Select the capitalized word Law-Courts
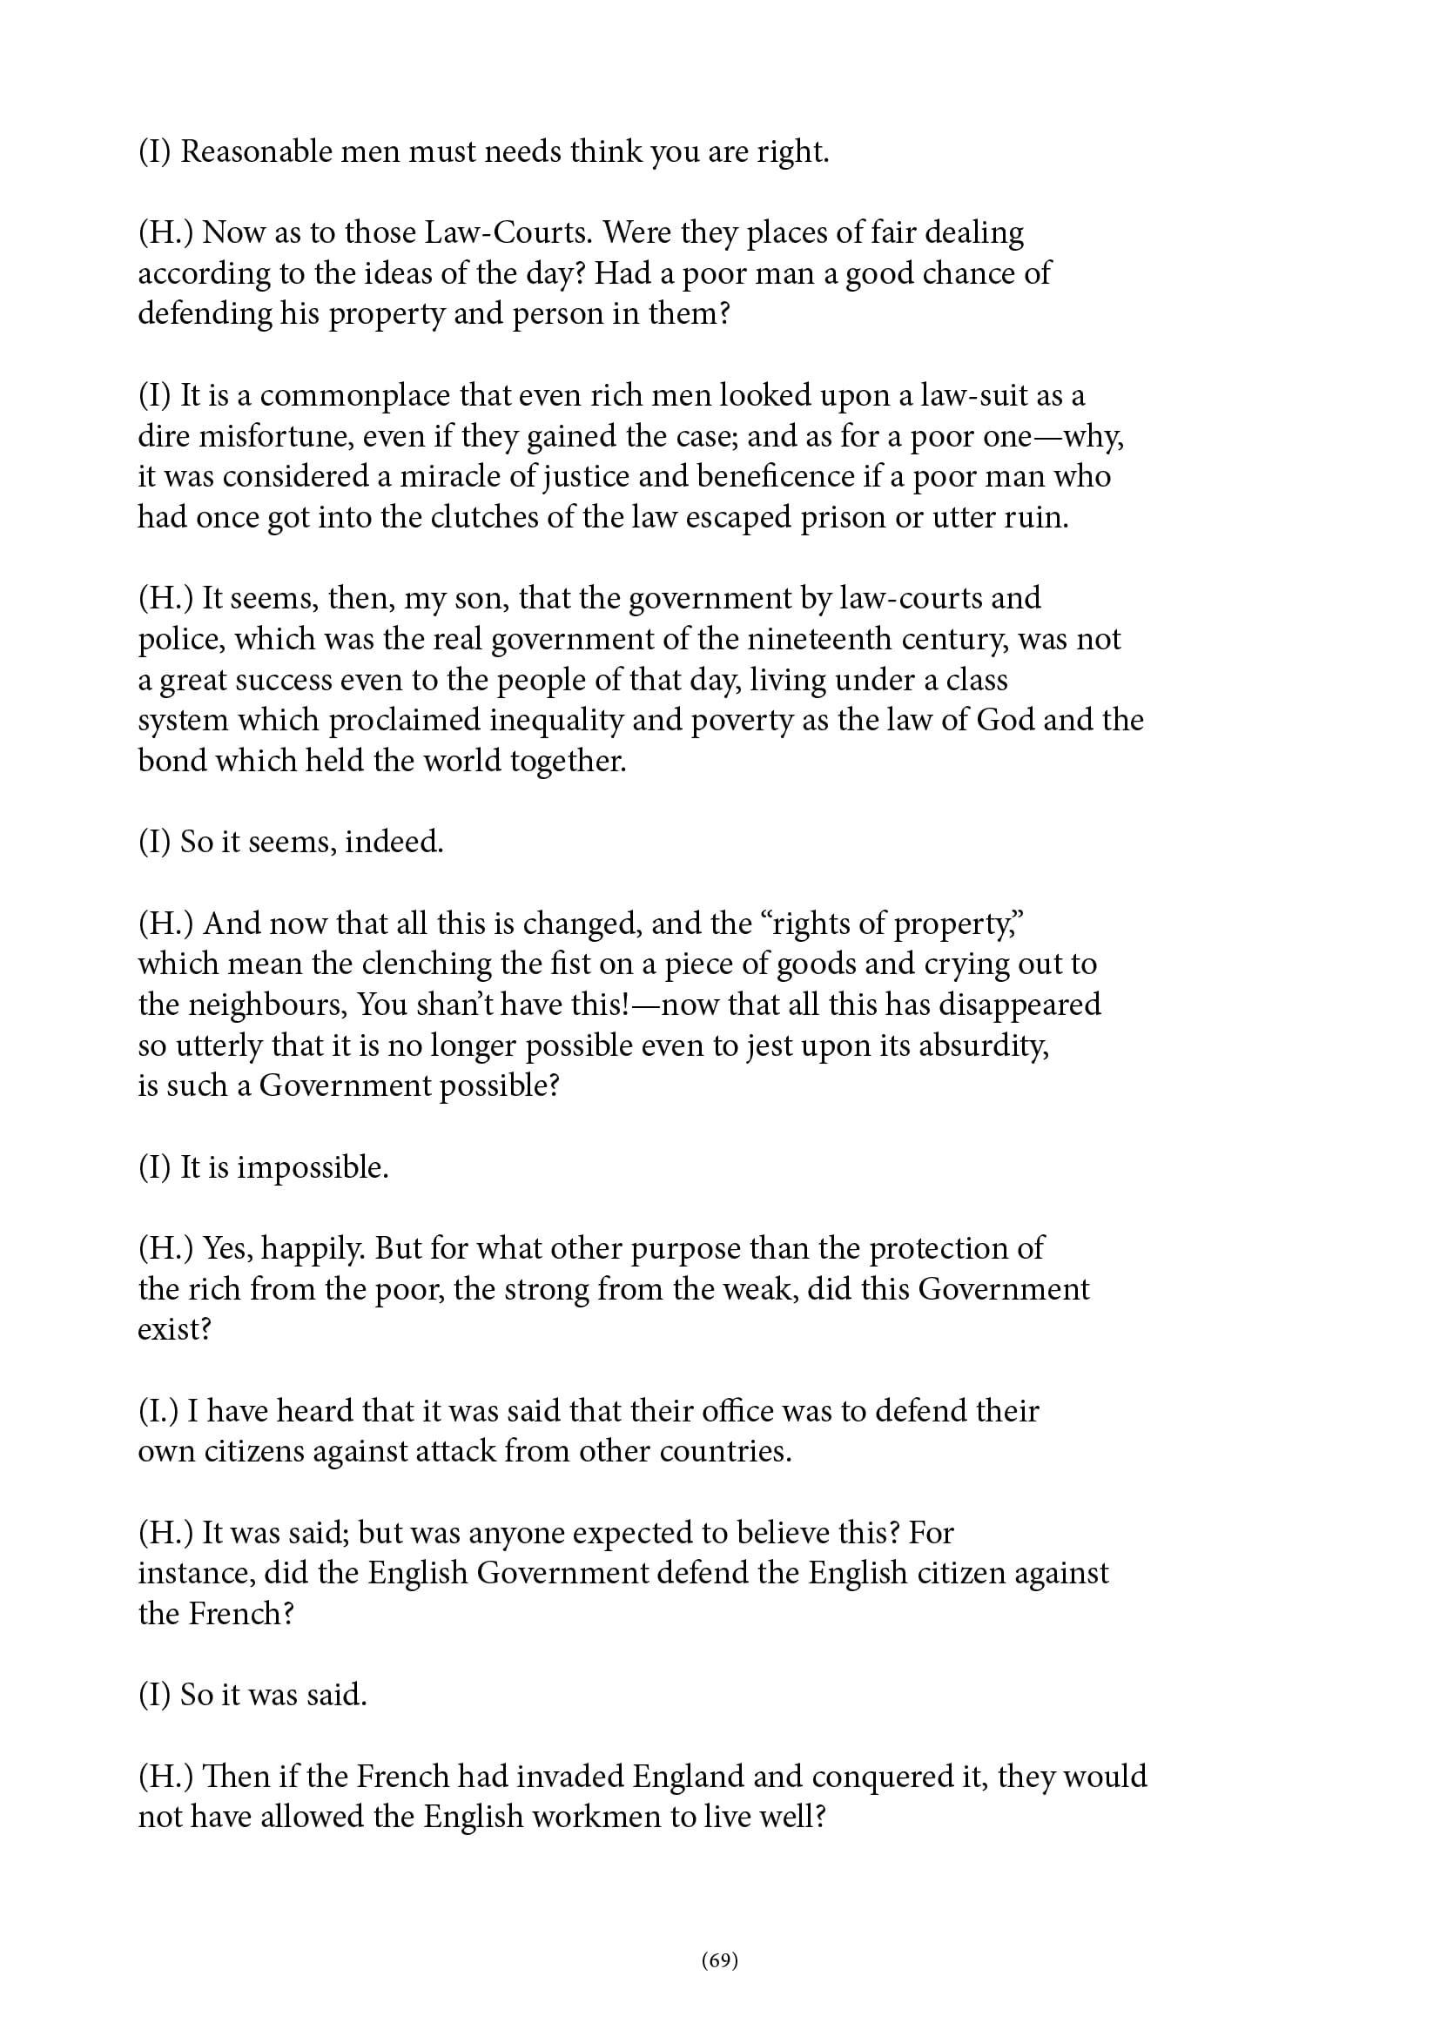pos(508,232)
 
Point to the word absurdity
pos(985,1045)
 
